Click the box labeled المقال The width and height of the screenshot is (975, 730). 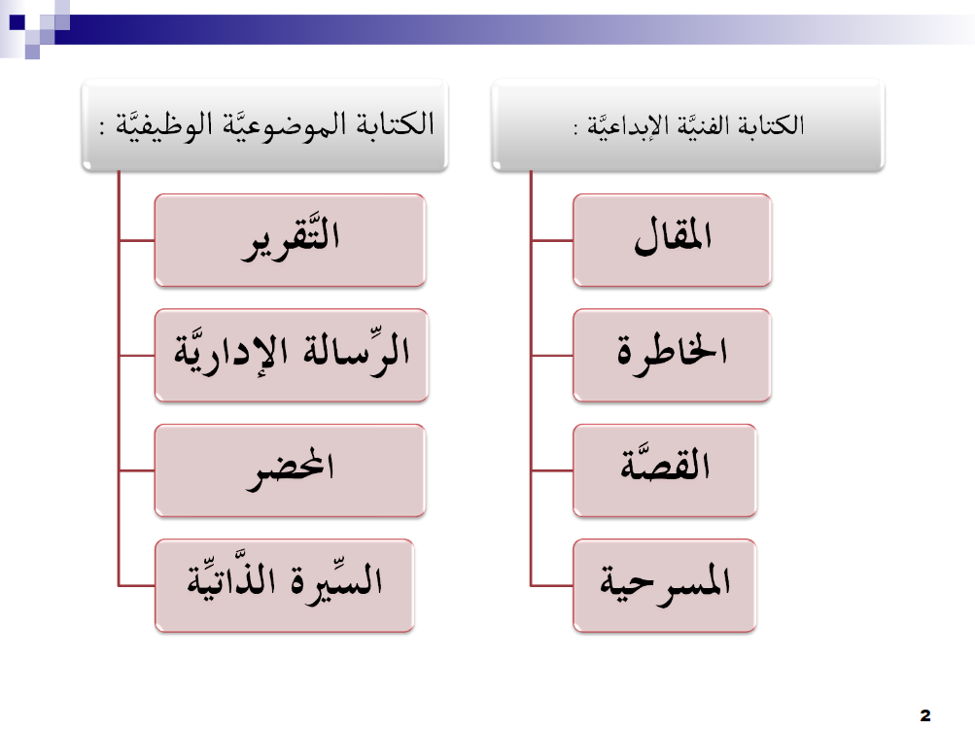point(672,240)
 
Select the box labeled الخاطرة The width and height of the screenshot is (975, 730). point(672,355)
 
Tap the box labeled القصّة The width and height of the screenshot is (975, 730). point(665,470)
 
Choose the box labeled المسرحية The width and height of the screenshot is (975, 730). point(665,586)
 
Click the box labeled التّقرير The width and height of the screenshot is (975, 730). point(290,240)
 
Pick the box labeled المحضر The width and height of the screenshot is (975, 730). point(290,470)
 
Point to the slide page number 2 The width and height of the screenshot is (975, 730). point(925,715)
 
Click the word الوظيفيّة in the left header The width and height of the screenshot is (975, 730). point(157,124)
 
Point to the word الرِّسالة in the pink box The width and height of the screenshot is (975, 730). point(356,351)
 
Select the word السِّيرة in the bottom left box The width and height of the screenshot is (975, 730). point(336,581)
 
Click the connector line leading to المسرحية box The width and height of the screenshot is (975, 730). point(552,586)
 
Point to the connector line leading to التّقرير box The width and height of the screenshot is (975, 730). point(137,240)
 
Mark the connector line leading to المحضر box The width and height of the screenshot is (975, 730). point(137,470)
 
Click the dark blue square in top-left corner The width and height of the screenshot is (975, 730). point(17,22)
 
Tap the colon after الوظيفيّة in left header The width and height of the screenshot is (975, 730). point(102,127)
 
